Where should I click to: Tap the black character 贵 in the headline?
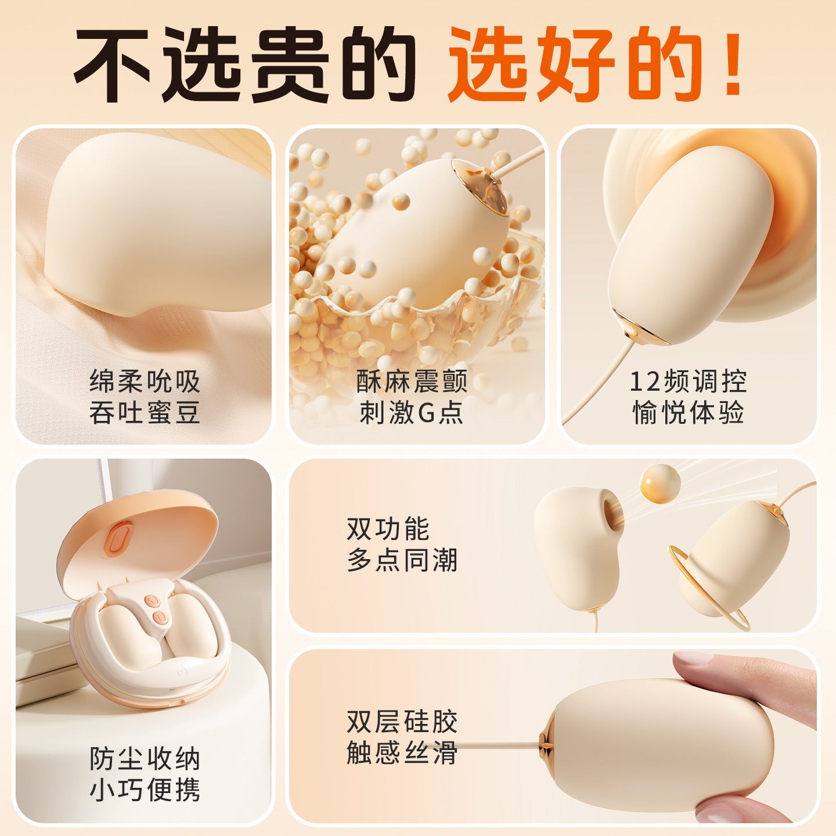(290, 64)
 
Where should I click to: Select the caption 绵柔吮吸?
(145, 381)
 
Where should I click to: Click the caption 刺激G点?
(412, 412)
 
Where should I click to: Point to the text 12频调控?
(687, 381)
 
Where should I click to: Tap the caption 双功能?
(388, 529)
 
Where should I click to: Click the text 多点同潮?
(402, 560)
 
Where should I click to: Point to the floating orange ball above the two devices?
(660, 484)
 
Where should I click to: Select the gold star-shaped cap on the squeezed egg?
(547, 745)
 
